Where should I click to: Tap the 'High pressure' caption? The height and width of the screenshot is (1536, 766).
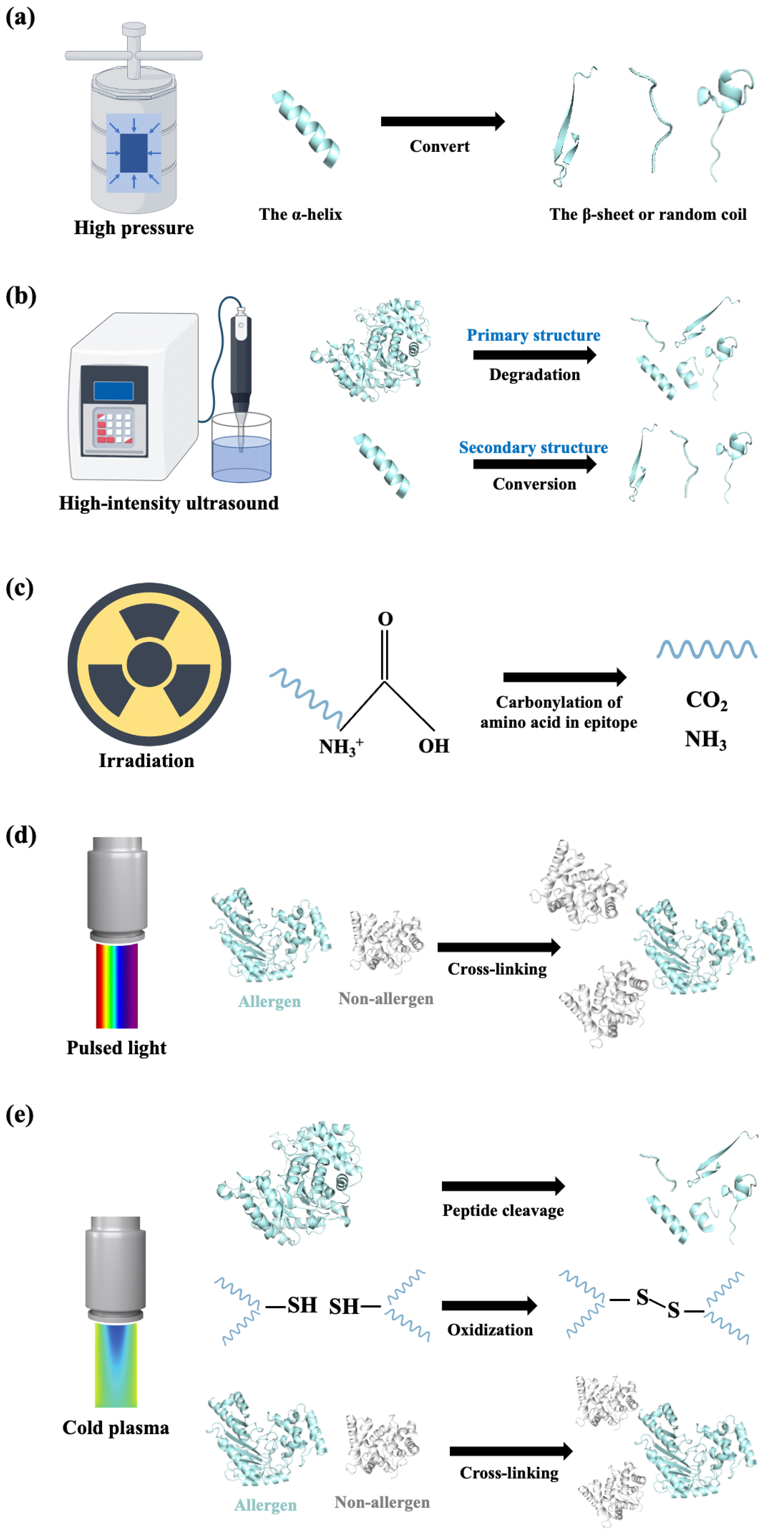pos(133,228)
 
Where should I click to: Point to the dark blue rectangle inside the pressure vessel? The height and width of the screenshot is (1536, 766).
pos(133,153)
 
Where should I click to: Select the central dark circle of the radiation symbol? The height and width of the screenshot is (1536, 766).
pos(149,664)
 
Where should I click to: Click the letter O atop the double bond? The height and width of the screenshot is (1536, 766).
pos(385,619)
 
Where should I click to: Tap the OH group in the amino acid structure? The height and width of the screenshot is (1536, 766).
pos(434,746)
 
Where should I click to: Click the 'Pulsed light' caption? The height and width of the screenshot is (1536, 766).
pos(116,1048)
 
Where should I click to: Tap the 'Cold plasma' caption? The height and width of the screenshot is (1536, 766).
pos(116,1428)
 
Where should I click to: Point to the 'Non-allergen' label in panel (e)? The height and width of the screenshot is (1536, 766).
pos(382,1502)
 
